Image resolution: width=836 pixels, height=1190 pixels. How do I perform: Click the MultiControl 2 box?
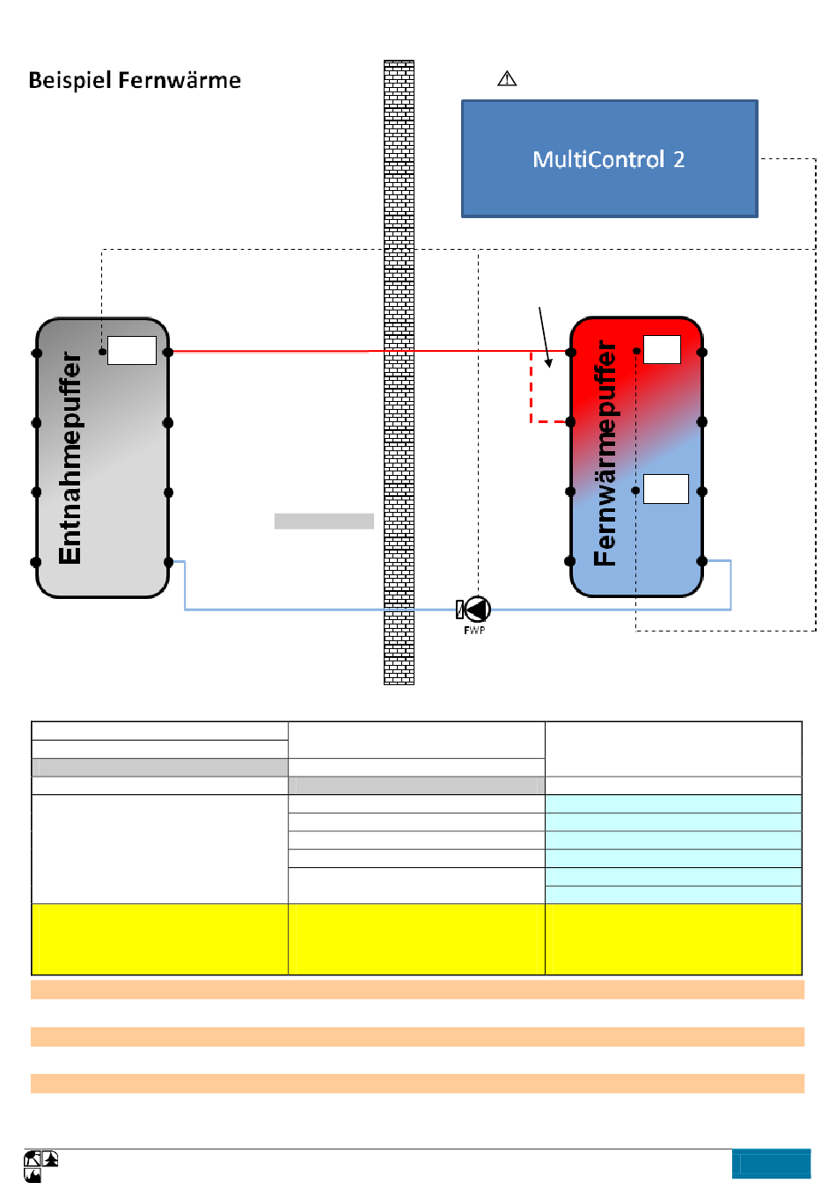609,158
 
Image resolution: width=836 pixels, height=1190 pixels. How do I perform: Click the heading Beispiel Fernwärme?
135,81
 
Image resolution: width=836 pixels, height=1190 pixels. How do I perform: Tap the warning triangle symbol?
507,78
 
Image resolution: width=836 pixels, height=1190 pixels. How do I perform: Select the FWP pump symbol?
473,609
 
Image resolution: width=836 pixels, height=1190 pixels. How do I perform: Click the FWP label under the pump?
474,630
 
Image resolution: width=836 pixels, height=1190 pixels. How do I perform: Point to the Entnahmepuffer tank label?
70,458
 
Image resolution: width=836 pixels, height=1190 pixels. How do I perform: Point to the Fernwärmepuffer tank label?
605,453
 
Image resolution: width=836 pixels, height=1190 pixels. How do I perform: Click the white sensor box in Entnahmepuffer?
132,350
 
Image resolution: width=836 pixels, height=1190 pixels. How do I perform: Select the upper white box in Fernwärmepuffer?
662,349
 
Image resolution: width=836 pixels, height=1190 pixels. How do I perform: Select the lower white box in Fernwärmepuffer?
666,489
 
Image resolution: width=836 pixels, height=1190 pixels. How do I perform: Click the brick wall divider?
399,372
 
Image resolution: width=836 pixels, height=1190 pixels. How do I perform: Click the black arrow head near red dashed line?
548,363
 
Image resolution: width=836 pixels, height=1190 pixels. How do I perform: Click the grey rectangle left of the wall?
324,521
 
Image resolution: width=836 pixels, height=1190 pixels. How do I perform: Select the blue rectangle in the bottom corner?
771,1164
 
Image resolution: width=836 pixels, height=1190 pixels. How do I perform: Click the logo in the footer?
41,1166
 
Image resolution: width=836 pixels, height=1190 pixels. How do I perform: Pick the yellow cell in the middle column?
416,938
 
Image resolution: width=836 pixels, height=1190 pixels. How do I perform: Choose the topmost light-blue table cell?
673,804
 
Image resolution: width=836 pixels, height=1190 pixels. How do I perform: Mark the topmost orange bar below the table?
417,989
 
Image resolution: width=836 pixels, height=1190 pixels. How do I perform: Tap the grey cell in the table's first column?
160,767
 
